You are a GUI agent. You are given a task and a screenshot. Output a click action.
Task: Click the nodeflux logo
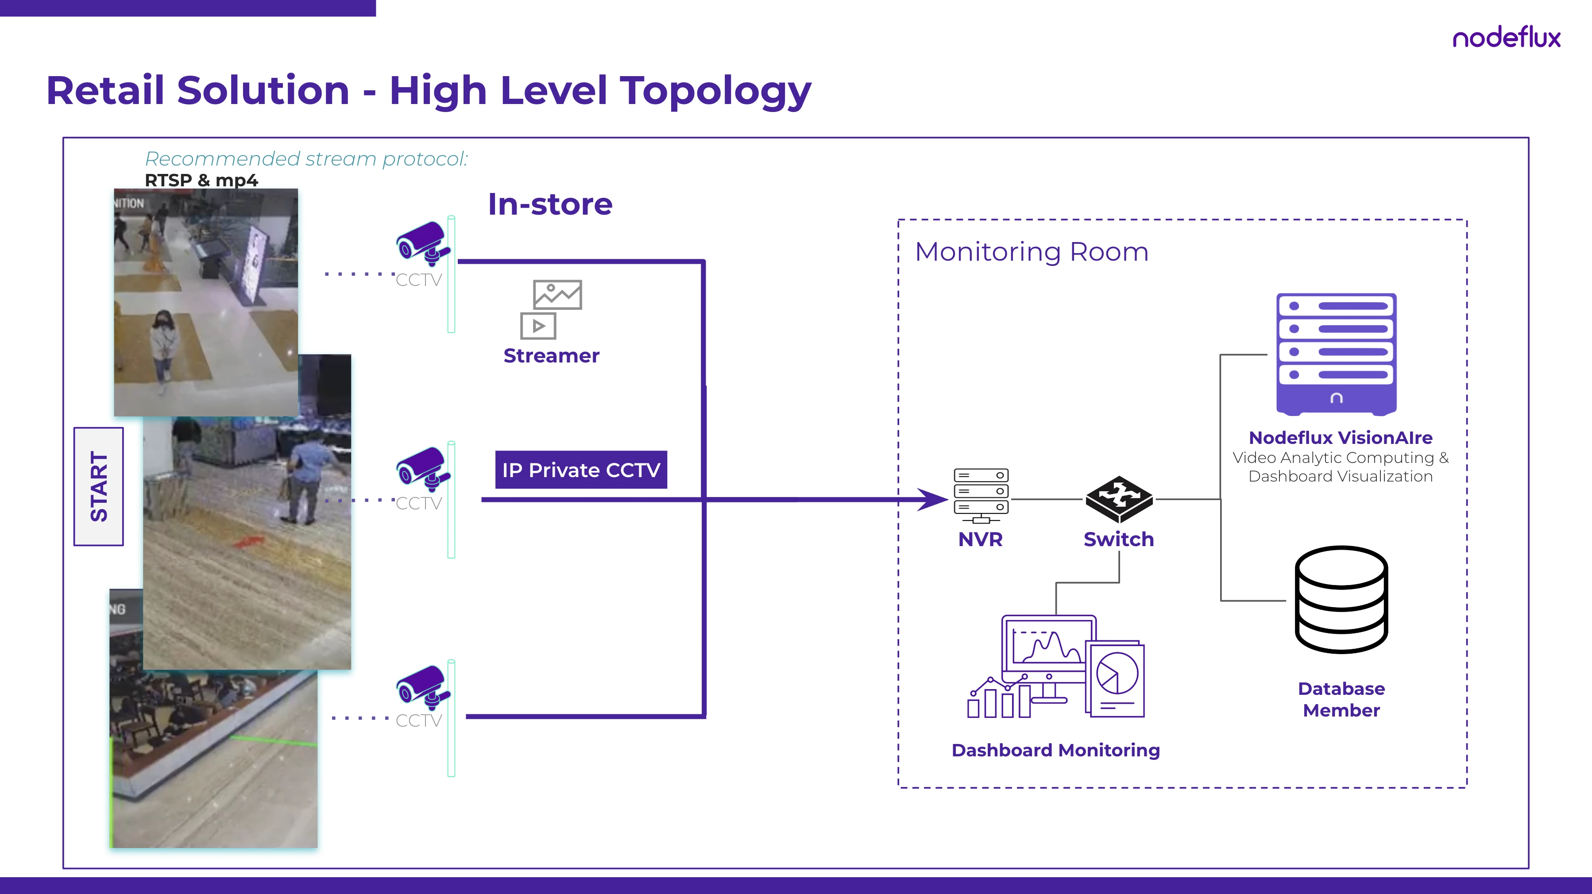tap(1506, 39)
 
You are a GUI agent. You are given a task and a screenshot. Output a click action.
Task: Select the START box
tap(99, 486)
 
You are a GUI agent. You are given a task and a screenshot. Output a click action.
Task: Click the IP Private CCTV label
tap(581, 470)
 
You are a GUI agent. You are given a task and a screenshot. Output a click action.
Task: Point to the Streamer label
tap(551, 356)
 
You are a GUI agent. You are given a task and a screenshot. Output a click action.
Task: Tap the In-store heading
tap(550, 204)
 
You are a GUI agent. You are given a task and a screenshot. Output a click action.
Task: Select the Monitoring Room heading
tap(1032, 252)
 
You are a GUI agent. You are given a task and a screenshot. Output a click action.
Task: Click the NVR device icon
tap(981, 495)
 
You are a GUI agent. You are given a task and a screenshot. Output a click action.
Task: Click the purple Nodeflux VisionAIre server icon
tap(1336, 354)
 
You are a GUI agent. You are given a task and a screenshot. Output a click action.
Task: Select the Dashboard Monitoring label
tap(1055, 750)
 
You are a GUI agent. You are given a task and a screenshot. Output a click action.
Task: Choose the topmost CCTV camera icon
tap(423, 244)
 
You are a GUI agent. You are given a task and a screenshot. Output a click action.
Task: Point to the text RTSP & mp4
tap(201, 181)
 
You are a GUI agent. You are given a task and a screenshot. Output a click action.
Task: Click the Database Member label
tap(1341, 699)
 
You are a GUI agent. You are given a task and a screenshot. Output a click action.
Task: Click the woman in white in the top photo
tap(164, 346)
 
